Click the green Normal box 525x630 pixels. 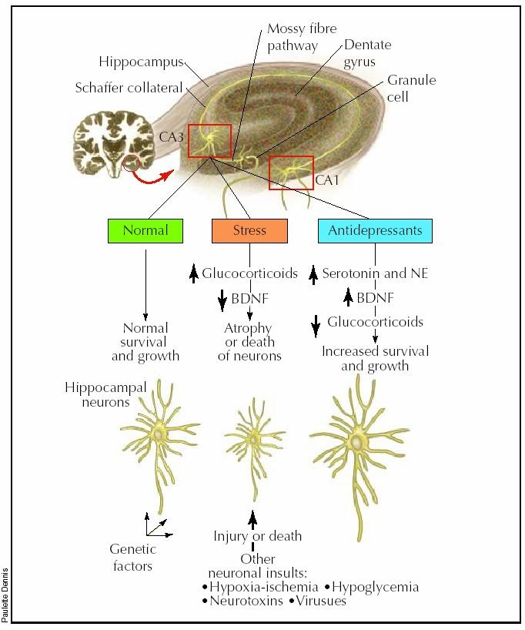coord(145,230)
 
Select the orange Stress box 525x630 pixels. coord(249,230)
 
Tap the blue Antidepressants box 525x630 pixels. coord(375,230)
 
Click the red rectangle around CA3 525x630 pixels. coord(209,139)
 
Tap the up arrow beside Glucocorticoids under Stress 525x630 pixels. coord(194,273)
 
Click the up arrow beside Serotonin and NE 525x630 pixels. coord(313,273)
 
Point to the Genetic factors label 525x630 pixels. coord(132,558)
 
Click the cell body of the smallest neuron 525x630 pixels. coord(253,438)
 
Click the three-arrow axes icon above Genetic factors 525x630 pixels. coord(156,526)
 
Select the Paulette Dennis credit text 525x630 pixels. coord(6,592)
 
